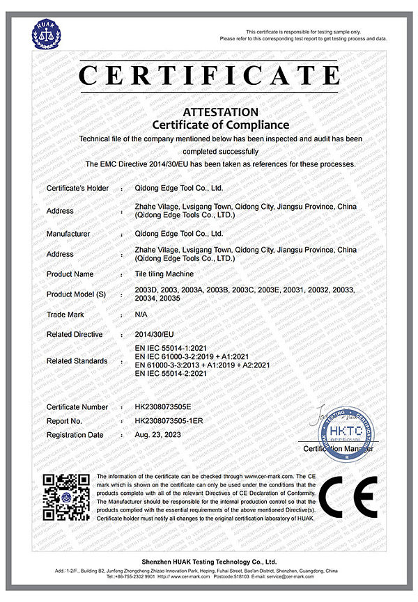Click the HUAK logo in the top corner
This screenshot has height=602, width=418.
(45, 33)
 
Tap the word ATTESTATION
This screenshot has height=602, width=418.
(220, 112)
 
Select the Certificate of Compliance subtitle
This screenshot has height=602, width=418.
(220, 125)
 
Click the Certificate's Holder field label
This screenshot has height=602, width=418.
(78, 188)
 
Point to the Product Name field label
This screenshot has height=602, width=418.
(70, 274)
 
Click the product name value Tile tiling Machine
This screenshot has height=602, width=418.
(164, 274)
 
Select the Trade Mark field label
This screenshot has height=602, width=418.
(65, 315)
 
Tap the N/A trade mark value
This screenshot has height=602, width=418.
(141, 315)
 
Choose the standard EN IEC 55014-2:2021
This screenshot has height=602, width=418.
(172, 374)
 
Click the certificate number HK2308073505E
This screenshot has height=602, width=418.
(167, 406)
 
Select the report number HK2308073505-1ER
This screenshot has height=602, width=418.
(171, 421)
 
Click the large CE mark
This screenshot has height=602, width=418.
(353, 499)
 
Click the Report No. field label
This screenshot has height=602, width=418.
(65, 421)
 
